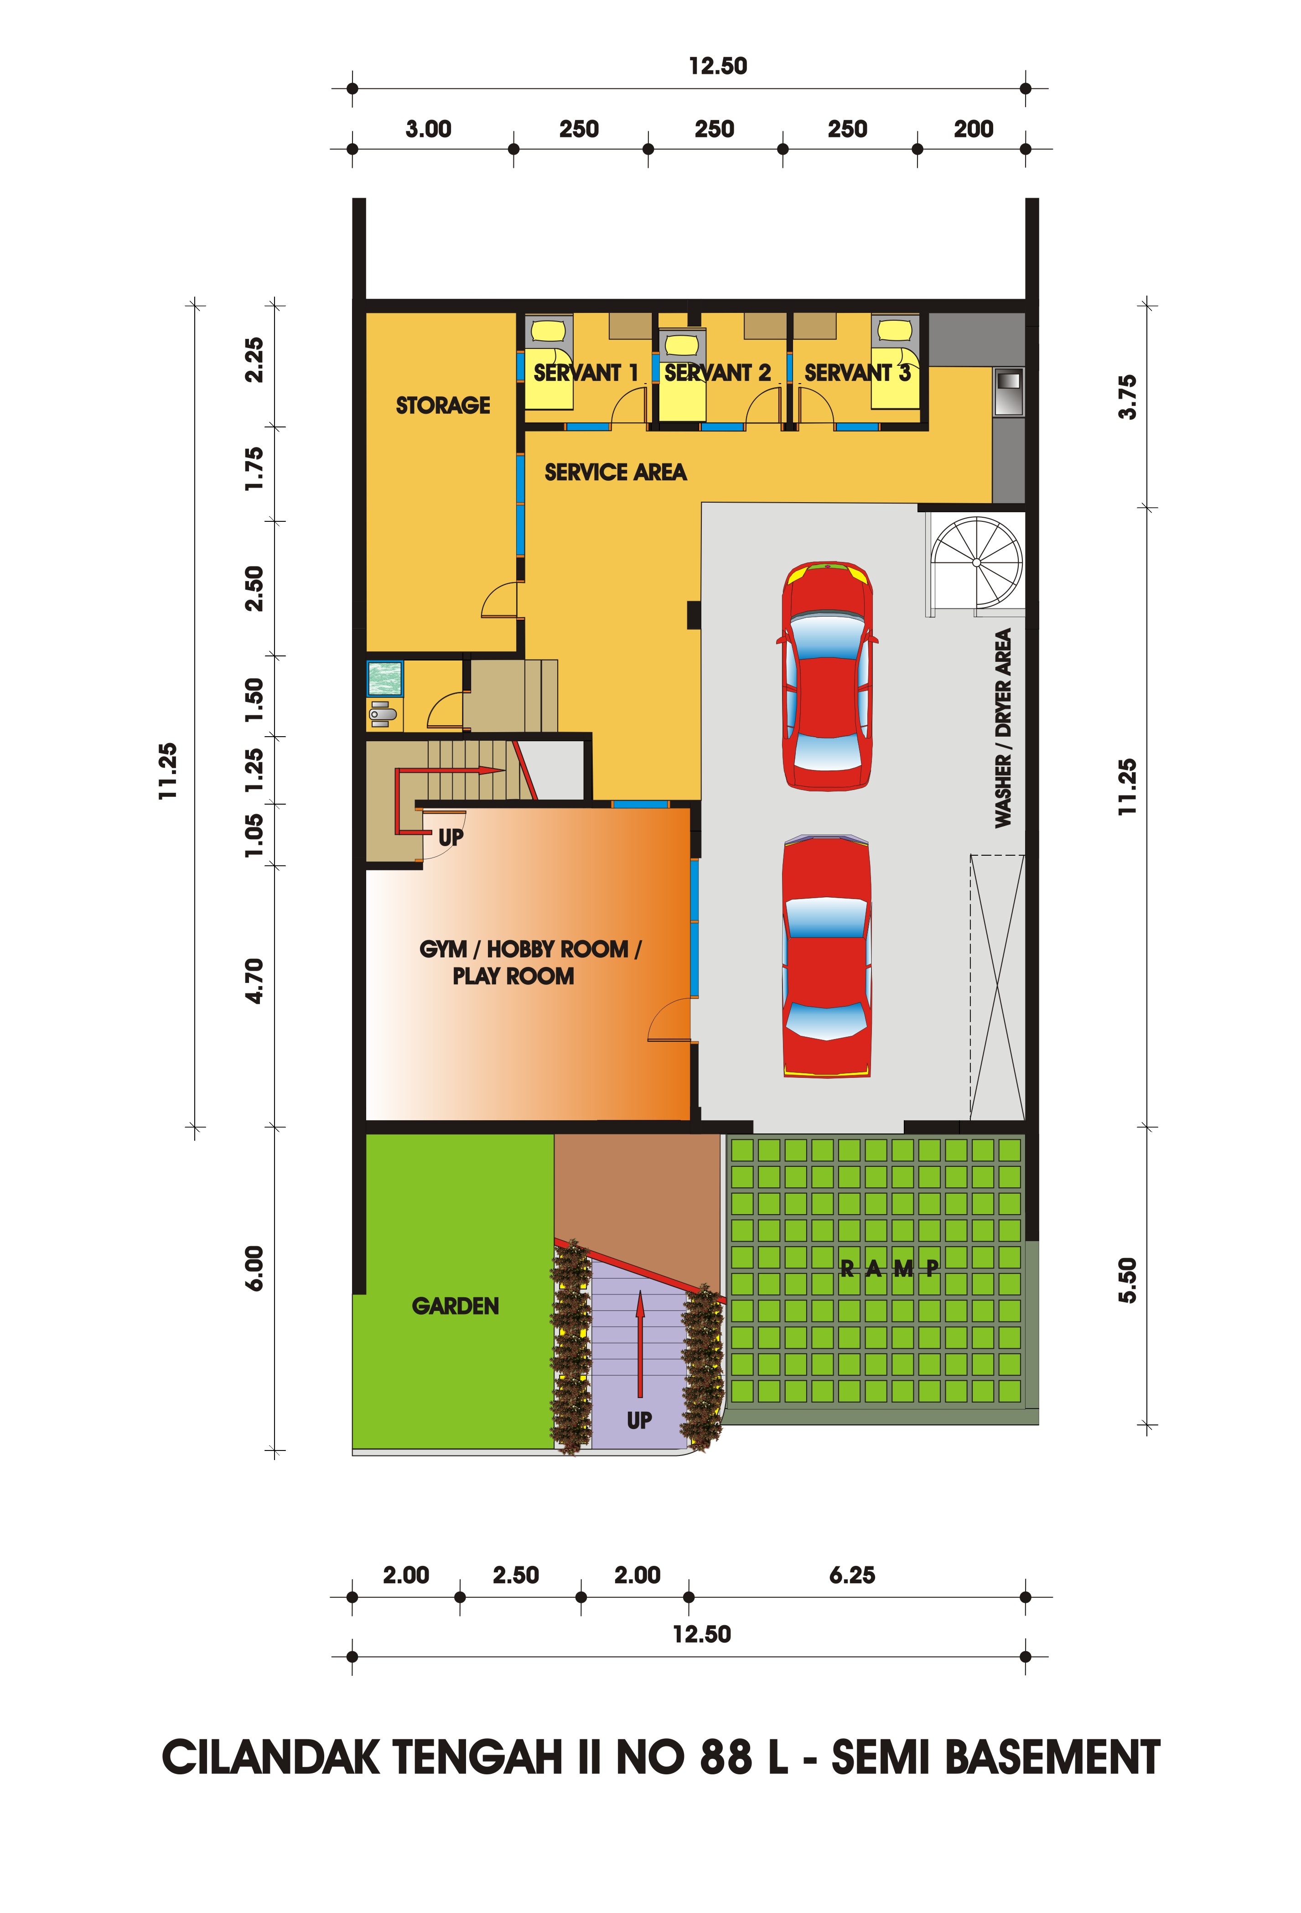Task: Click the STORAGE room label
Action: click(443, 405)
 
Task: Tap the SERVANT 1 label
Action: click(586, 373)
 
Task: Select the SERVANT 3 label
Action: click(857, 373)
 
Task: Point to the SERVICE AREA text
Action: click(616, 472)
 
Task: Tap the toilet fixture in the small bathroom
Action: click(383, 713)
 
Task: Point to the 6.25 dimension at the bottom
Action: click(852, 1575)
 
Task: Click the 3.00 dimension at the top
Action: click(428, 129)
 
